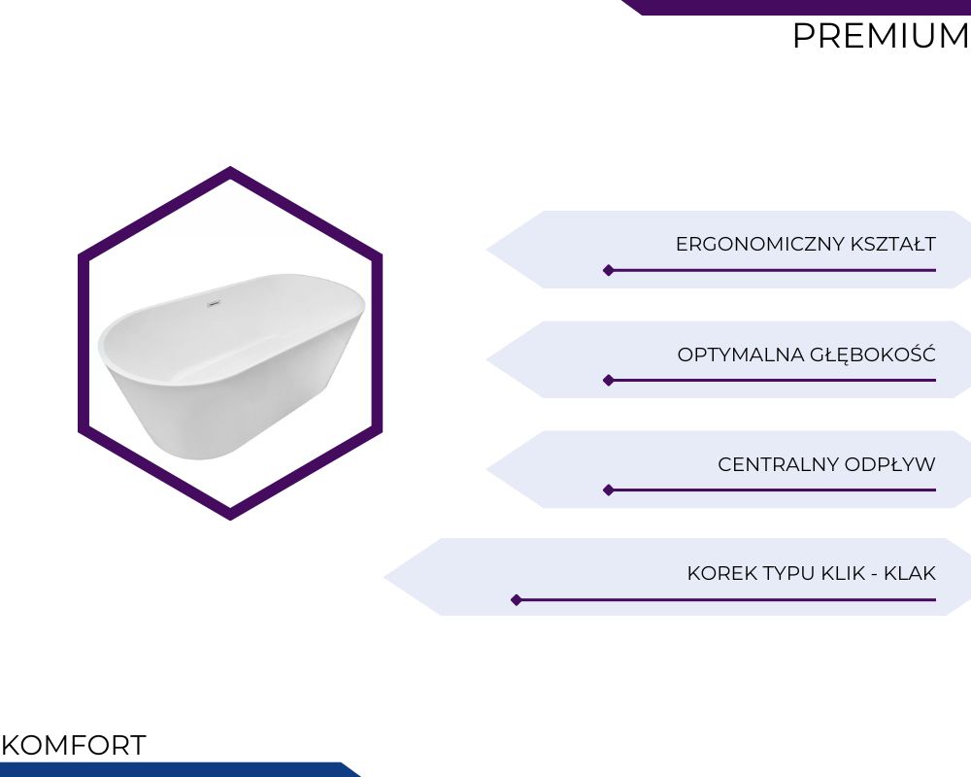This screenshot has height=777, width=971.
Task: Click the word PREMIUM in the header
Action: (881, 36)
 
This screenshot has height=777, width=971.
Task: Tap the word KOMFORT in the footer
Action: (74, 745)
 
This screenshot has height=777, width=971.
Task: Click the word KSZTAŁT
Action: (893, 244)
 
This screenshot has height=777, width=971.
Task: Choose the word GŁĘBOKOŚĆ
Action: (873, 354)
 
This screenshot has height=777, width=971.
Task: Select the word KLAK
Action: (910, 573)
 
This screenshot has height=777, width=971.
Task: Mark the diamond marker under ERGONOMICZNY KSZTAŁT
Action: (609, 270)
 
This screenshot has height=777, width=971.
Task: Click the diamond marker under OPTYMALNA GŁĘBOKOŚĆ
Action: (609, 380)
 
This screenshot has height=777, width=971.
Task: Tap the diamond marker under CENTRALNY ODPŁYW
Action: (609, 490)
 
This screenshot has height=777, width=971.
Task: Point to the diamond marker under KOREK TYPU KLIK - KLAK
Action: (517, 600)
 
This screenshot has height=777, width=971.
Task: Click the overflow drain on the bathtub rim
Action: (213, 304)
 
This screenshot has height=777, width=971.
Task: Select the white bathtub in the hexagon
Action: (232, 366)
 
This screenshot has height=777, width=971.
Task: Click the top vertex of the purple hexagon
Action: (230, 167)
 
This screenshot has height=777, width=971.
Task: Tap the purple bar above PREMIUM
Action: (796, 7)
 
